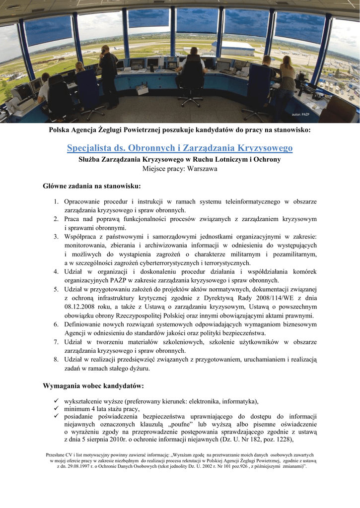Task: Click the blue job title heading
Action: pyautogui.click(x=180, y=148)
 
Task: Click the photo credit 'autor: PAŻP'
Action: pyautogui.click(x=301, y=115)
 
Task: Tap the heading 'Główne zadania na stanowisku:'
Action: pyautogui.click(x=92, y=186)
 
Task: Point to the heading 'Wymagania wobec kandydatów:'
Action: pyautogui.click(x=93, y=385)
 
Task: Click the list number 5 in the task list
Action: pyautogui.click(x=57, y=289)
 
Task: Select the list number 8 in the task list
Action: pyautogui.click(x=57, y=360)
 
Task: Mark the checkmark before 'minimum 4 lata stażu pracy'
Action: pyautogui.click(x=56, y=409)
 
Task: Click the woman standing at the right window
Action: pyautogui.click(x=287, y=79)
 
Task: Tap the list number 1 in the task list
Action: pyautogui.click(x=57, y=202)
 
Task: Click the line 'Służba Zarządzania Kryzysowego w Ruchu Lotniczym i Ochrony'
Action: pyautogui.click(x=179, y=159)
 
